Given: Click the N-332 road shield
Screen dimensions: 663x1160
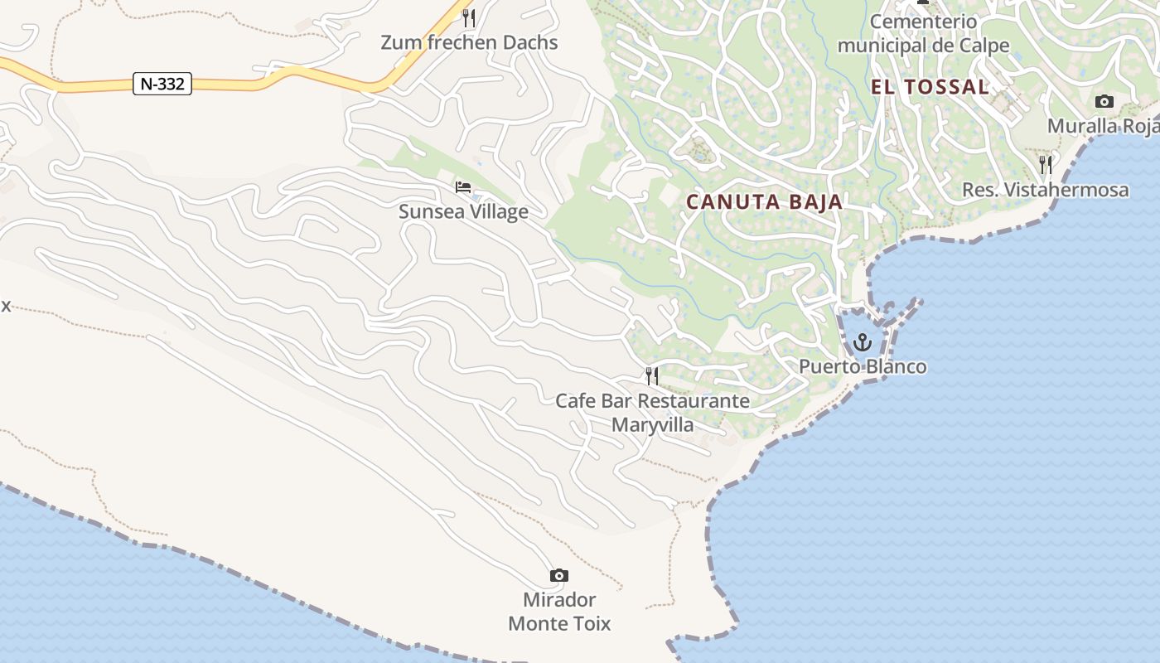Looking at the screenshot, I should point(162,84).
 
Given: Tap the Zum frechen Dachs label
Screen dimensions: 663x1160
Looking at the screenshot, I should point(469,43).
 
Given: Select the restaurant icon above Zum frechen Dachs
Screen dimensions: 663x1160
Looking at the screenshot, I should point(469,17).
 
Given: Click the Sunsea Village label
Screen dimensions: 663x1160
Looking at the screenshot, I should point(463,212).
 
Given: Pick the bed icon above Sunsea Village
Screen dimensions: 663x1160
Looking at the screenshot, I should point(463,187).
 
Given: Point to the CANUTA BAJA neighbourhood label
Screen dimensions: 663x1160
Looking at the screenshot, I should point(764,201).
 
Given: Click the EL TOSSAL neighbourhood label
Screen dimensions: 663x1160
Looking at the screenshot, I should point(930,87).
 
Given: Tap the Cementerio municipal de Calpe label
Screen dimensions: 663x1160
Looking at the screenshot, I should point(923,33).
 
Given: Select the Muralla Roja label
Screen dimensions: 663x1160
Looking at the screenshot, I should point(1103,126).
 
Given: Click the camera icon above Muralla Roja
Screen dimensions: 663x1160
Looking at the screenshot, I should point(1104,101).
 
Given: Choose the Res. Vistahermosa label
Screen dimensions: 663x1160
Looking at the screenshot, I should point(1045,190).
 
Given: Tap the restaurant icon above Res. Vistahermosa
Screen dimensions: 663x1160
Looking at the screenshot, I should point(1046,164).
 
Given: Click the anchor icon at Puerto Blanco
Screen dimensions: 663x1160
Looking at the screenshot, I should point(863,341).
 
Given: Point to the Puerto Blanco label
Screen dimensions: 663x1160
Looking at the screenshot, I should point(863,366).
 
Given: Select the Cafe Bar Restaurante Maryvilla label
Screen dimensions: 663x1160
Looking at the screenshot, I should point(652,413).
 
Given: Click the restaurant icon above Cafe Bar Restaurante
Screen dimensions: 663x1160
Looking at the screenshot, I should point(652,376).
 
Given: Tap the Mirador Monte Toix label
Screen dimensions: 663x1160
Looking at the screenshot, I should point(559,612).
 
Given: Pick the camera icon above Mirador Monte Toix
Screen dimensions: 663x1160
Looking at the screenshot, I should point(559,575).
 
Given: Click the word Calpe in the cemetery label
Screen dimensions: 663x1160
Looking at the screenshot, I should point(984,46).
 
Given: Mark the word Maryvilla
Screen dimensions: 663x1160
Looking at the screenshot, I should point(653,426).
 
